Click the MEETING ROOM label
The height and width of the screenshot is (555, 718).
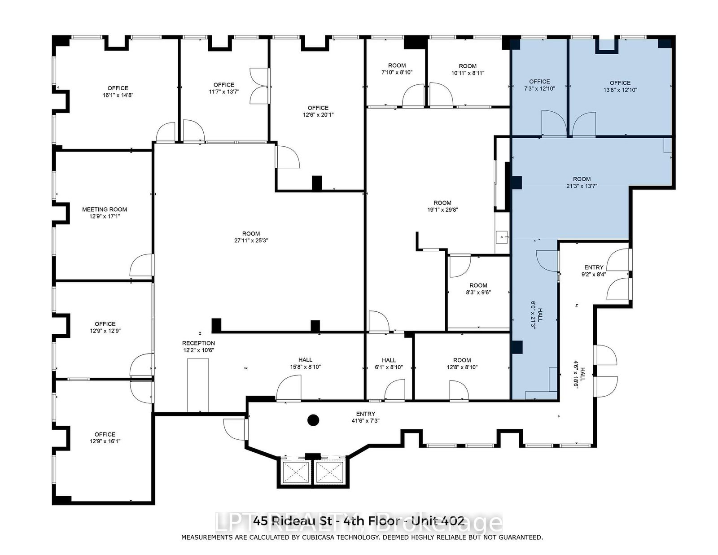[x=105, y=210]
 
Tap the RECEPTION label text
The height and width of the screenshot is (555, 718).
[x=199, y=343]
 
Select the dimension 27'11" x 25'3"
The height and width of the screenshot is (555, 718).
[x=251, y=240]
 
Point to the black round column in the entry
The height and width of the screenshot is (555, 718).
[x=313, y=420]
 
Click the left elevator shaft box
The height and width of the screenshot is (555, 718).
[x=296, y=472]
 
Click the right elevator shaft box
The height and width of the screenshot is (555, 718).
[x=330, y=472]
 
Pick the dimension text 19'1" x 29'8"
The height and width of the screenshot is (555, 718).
[x=442, y=210]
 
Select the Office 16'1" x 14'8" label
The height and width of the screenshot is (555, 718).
[x=118, y=92]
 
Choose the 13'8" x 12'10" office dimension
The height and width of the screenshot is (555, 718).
[x=620, y=90]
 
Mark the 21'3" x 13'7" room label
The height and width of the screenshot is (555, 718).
[x=582, y=183]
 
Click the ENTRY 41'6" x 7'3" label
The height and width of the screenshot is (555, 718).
[x=365, y=417]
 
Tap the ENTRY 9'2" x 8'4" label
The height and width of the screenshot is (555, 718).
[x=594, y=271]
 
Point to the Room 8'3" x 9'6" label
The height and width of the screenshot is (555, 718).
[x=478, y=289]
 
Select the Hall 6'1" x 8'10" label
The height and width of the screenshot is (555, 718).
[x=389, y=363]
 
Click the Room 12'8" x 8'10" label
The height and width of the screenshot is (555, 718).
[x=462, y=363]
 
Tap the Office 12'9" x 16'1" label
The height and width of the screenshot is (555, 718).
[x=105, y=438]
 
